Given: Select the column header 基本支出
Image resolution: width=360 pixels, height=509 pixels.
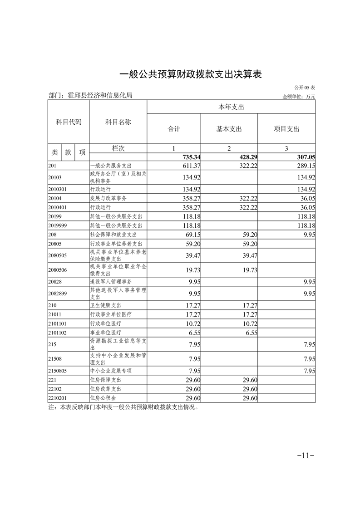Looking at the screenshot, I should tap(229, 129).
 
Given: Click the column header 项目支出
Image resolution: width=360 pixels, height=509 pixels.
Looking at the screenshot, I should tap(286, 129).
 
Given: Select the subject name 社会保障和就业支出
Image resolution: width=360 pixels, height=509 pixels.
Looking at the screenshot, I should tap(113, 235).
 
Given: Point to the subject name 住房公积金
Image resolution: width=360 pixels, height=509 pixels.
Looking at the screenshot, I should tap(103, 398).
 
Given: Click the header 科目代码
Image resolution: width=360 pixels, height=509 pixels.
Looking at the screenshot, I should tap(69, 122).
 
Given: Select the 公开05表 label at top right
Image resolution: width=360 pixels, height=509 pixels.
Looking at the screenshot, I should tap(304, 88).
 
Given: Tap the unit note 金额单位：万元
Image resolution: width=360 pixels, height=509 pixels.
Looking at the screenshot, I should tap(299, 96).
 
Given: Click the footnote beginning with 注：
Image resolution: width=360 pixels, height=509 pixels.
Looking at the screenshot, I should tap(123, 407).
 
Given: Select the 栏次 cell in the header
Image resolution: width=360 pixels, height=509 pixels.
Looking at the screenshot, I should tap(118, 148).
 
